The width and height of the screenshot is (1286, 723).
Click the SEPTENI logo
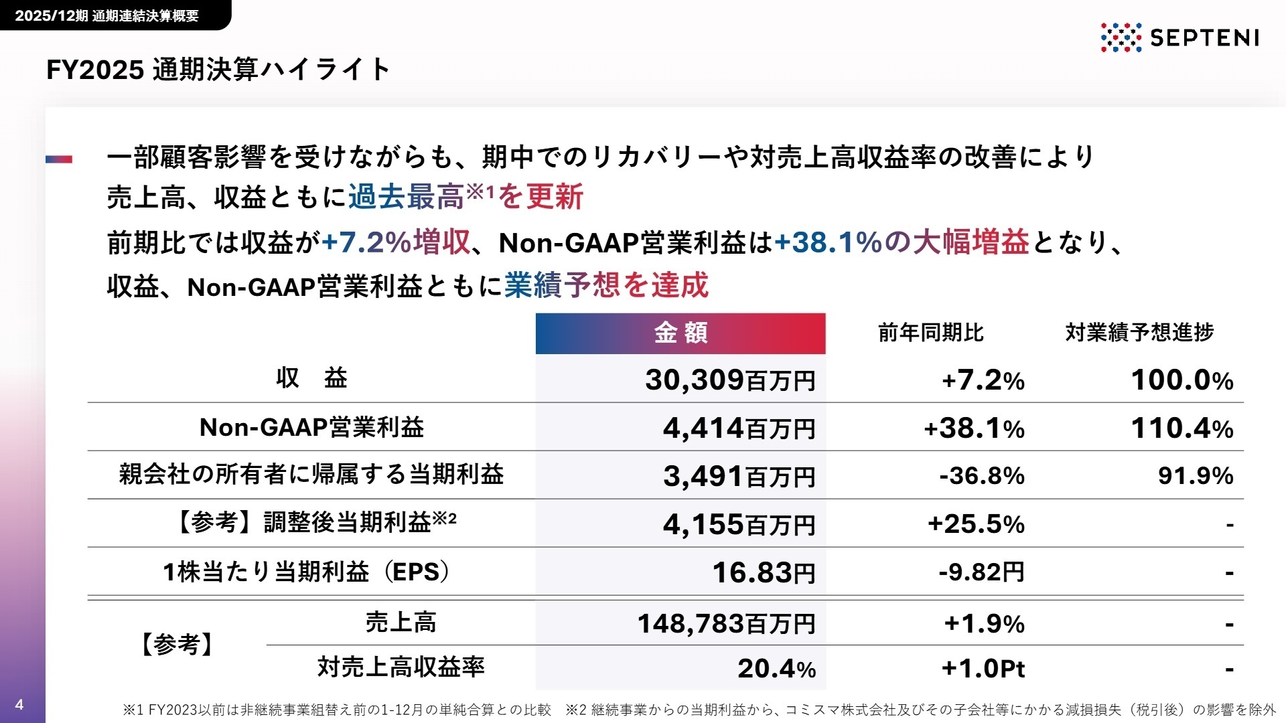tap(1180, 37)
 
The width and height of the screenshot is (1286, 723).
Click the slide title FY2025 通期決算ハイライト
tap(218, 70)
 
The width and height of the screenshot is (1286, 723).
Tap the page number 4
tap(19, 704)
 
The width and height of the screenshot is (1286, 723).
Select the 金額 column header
tap(680, 333)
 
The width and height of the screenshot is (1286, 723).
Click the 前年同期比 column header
tap(930, 333)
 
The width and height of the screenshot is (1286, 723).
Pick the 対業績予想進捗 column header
tap(1139, 333)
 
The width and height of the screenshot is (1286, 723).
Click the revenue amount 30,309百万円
tap(729, 380)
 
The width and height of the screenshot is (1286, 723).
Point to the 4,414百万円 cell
tap(739, 428)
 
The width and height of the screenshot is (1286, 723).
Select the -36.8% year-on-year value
tap(981, 476)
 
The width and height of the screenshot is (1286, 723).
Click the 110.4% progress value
tap(1182, 428)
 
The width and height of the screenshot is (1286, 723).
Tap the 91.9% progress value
tap(1195, 476)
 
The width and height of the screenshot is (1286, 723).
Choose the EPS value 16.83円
tap(763, 573)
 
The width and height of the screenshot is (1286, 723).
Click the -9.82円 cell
tap(981, 572)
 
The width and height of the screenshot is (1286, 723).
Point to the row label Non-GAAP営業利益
tap(311, 428)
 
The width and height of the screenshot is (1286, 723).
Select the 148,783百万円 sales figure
tap(726, 624)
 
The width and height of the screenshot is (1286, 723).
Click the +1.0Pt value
tap(983, 669)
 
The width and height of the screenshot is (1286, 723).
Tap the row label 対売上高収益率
tap(401, 667)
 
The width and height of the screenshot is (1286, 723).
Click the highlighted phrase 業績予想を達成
tap(606, 286)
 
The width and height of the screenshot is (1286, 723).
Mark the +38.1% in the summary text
tap(828, 242)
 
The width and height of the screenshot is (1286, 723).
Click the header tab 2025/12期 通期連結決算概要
tap(107, 15)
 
